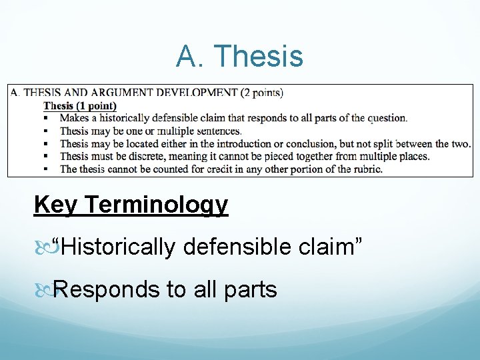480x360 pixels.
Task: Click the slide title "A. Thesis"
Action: click(x=239, y=57)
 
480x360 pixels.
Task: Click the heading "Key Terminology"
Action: click(x=131, y=205)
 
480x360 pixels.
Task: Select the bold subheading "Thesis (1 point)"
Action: click(x=80, y=105)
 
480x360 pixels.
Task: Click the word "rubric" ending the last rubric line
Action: click(x=366, y=169)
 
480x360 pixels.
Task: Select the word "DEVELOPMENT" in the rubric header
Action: click(x=199, y=93)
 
